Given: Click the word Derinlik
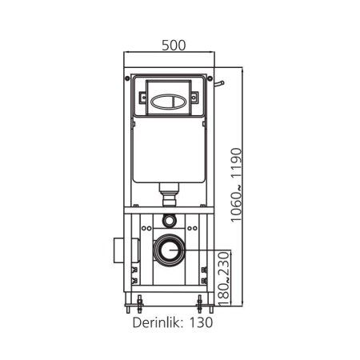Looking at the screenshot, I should pos(158,324).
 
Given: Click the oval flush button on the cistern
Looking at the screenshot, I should pos(169,102).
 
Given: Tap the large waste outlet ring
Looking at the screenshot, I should pos(170,250).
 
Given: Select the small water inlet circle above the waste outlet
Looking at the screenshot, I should pos(169,221).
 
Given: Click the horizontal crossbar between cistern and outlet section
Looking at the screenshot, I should pos(169,210).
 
